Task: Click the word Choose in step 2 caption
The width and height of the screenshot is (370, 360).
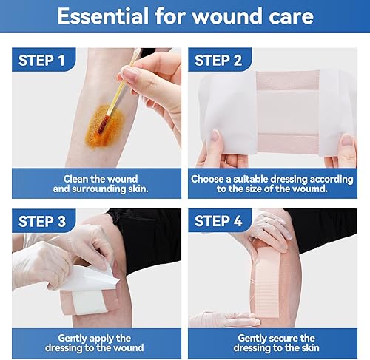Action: point(209,178)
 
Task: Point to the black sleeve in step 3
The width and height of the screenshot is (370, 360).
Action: point(148,229)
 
